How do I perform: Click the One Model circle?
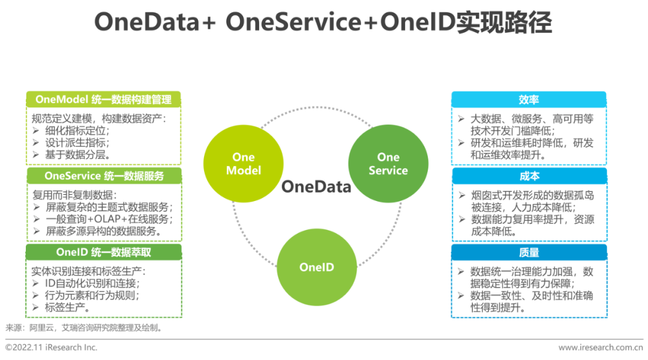tap(243, 163)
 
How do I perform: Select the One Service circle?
tap(388, 163)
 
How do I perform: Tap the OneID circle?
tap(316, 267)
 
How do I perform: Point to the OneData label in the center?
tap(316, 187)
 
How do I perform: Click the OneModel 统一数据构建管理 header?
tap(104, 99)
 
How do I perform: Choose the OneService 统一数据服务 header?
tap(104, 176)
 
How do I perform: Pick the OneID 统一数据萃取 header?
tap(104, 252)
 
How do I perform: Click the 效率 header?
tap(529, 100)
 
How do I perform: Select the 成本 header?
tap(529, 176)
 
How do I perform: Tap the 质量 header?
tap(529, 252)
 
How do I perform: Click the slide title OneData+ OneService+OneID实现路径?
tap(323, 23)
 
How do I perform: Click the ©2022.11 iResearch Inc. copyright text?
tap(52, 347)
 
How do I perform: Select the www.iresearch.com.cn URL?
tap(601, 347)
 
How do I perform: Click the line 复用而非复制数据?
tap(73, 195)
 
